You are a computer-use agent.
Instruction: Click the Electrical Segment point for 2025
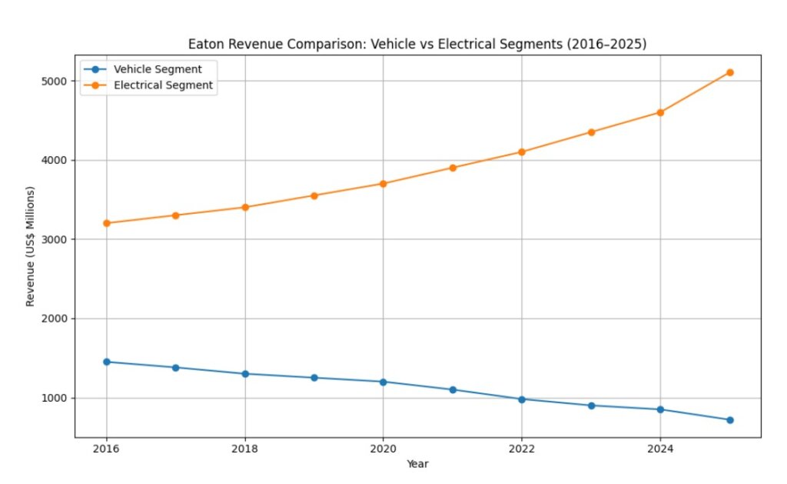729,72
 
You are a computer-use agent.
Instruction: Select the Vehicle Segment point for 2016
106,362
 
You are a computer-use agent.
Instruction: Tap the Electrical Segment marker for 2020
384,184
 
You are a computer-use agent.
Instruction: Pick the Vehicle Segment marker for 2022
522,399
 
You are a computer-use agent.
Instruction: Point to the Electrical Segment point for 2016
106,223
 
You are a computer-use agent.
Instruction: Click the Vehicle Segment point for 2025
729,420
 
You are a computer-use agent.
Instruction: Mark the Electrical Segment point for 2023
591,132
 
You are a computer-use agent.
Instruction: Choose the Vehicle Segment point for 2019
314,378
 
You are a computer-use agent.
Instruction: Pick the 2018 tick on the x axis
245,449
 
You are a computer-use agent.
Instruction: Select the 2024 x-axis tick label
660,449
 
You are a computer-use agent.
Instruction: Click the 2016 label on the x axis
106,449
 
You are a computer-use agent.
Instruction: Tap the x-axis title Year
417,464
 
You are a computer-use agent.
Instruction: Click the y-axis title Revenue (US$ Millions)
31,246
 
